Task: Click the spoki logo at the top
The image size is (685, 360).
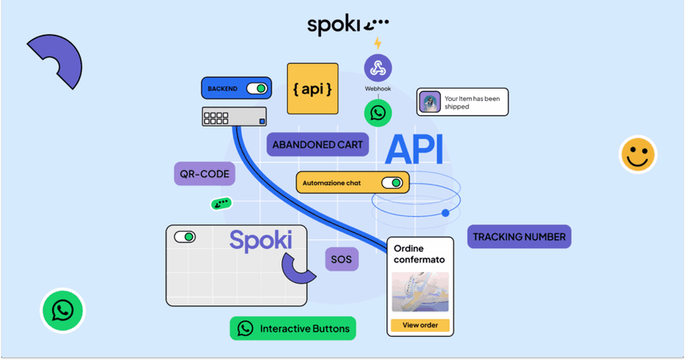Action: tap(347, 26)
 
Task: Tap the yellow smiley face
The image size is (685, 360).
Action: tap(638, 154)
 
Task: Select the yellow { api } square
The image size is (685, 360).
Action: tap(313, 89)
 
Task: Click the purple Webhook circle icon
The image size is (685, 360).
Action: tap(378, 68)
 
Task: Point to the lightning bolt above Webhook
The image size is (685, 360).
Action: tap(378, 43)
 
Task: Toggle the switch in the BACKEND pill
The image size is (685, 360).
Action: tap(256, 89)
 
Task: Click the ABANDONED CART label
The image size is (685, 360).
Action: tap(318, 145)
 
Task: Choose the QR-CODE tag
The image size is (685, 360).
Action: tap(204, 174)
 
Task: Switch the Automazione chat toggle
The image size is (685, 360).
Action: tap(392, 183)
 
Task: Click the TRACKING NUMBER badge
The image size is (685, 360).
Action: tap(519, 237)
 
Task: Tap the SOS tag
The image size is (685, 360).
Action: tap(341, 259)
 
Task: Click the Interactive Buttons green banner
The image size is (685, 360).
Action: tap(293, 329)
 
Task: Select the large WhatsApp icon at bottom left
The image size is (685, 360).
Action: tap(63, 310)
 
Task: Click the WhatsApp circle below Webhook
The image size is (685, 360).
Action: tap(378, 113)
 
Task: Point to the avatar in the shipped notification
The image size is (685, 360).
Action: tap(430, 102)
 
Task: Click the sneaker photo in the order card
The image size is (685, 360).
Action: tap(420, 292)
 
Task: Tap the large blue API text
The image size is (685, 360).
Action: tap(414, 150)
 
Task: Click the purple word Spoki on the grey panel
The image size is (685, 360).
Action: tap(261, 241)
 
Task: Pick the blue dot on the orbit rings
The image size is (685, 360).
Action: tap(445, 214)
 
